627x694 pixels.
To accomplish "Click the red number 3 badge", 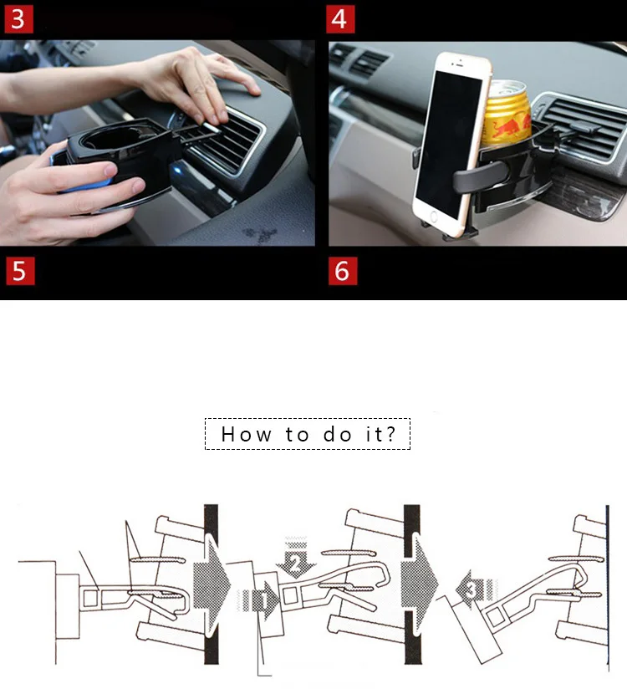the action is point(18,19).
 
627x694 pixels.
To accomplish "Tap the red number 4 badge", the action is point(340,19).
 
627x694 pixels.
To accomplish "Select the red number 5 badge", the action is point(20,271).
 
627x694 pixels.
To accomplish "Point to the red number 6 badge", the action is point(343,271).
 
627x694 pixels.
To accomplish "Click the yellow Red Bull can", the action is point(507,115).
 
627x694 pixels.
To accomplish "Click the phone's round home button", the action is point(433,217).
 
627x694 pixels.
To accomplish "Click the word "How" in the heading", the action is point(247,434).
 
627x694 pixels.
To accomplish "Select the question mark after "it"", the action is point(390,434).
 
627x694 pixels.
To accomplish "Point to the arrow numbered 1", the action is point(259,600).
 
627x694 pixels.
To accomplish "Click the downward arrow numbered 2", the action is point(296,558).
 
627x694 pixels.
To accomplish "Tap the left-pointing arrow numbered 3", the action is point(477,590).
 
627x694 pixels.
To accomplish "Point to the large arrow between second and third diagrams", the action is point(418,583).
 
